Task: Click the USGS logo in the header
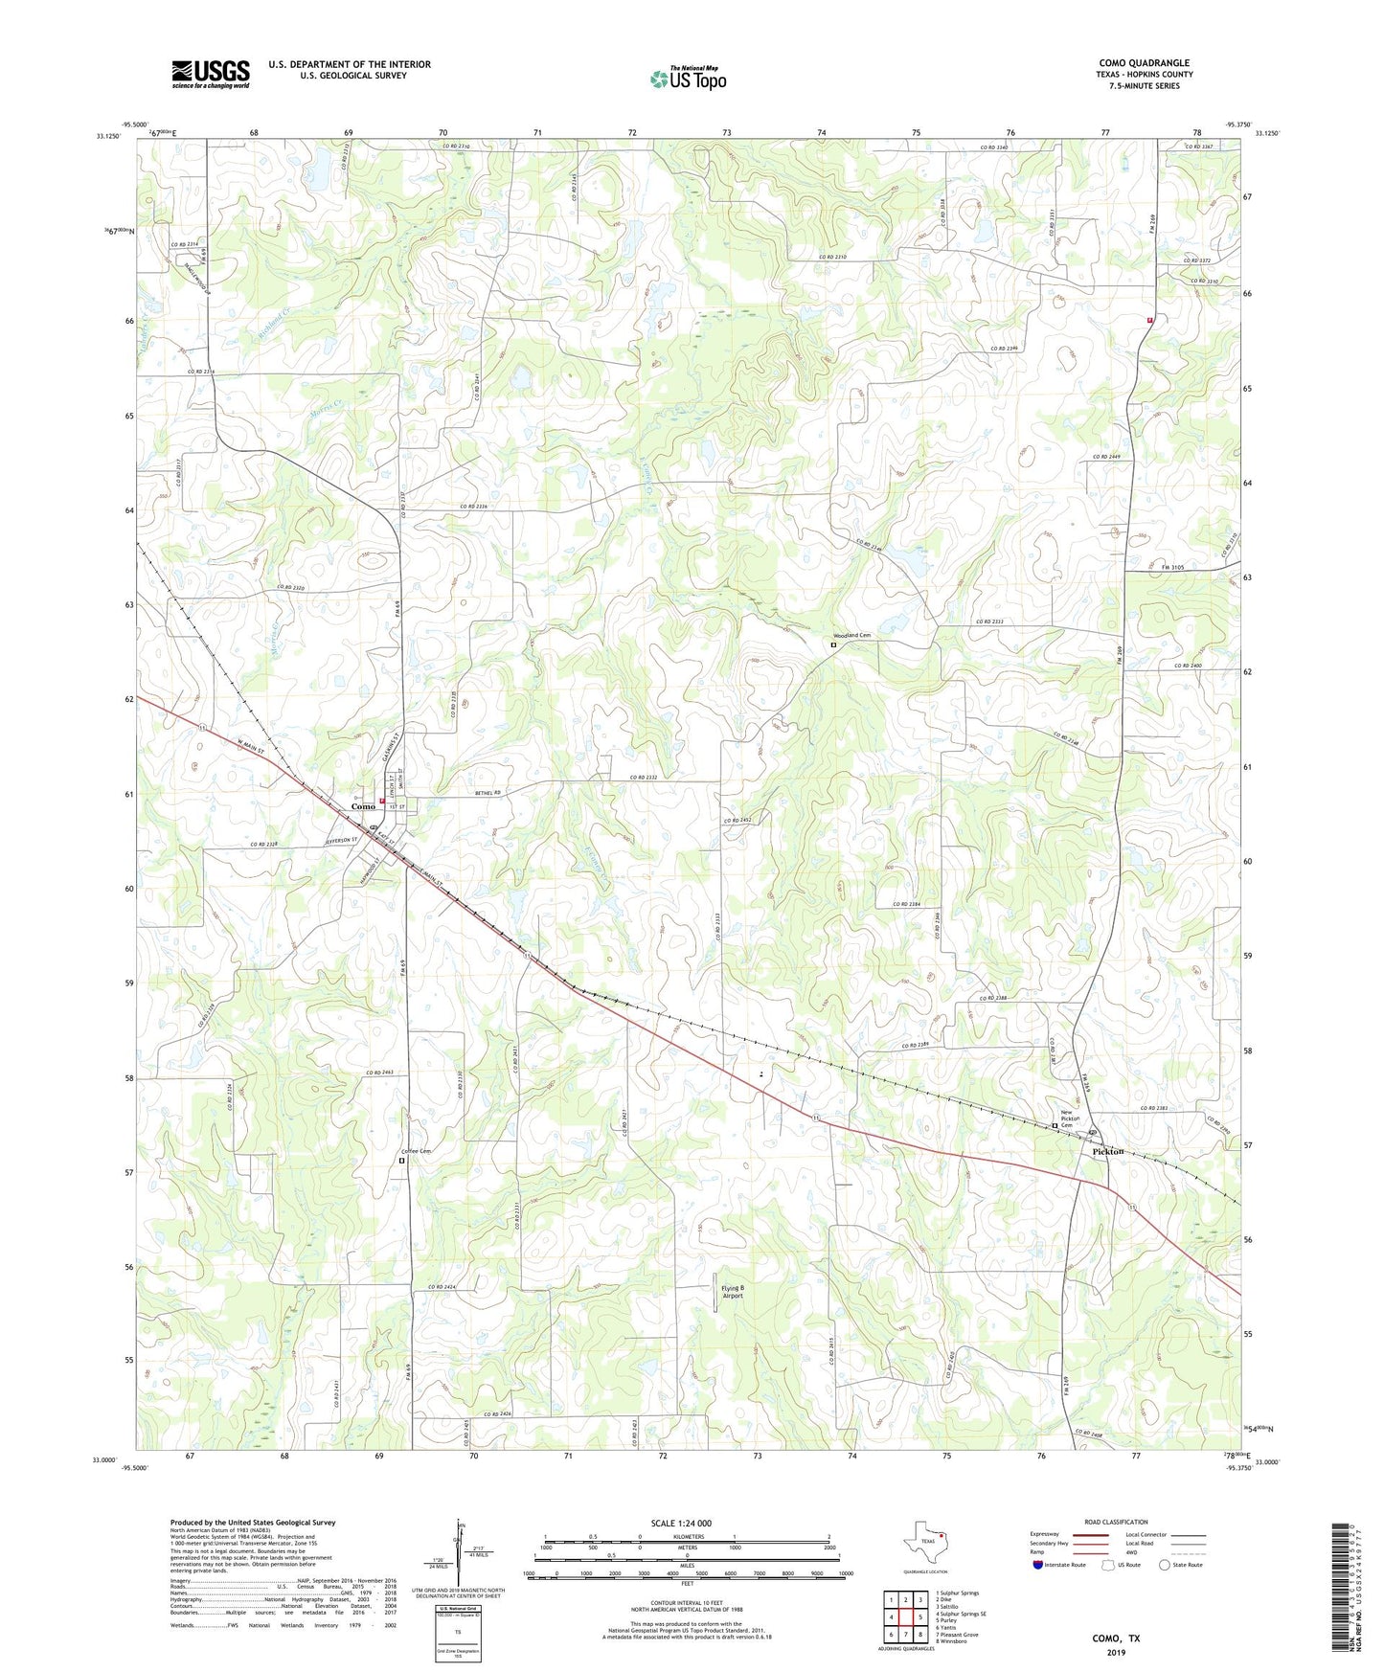(x=211, y=74)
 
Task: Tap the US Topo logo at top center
(x=688, y=79)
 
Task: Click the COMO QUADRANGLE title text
(x=1144, y=63)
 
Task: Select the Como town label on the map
(x=363, y=806)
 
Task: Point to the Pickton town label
(x=1108, y=1151)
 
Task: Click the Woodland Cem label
(x=851, y=636)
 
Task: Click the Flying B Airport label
(x=733, y=1291)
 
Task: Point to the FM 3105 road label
(x=1173, y=568)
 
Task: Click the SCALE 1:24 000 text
(x=681, y=1524)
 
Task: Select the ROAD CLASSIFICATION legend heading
(x=1115, y=1522)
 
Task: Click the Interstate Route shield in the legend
(x=1038, y=1565)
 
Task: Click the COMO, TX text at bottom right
(x=1116, y=1638)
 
